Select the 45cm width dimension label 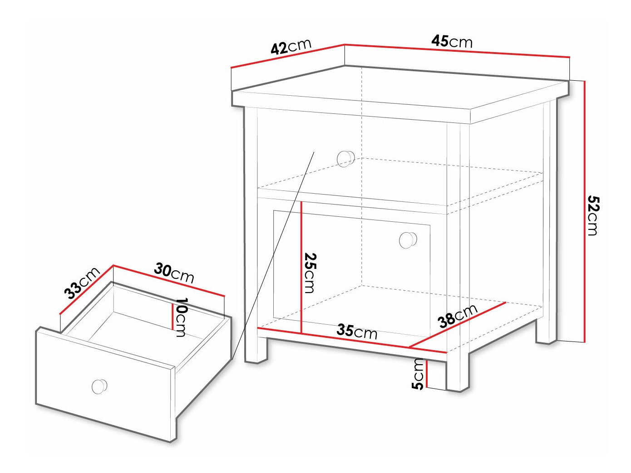pyautogui.click(x=452, y=42)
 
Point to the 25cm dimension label pyautogui.click(x=310, y=273)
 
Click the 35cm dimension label pyautogui.click(x=357, y=332)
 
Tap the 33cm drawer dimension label pyautogui.click(x=82, y=283)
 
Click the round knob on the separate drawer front pyautogui.click(x=99, y=386)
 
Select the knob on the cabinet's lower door pyautogui.click(x=408, y=240)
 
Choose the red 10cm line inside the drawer pyautogui.click(x=172, y=317)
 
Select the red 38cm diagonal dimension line pyautogui.click(x=458, y=325)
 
